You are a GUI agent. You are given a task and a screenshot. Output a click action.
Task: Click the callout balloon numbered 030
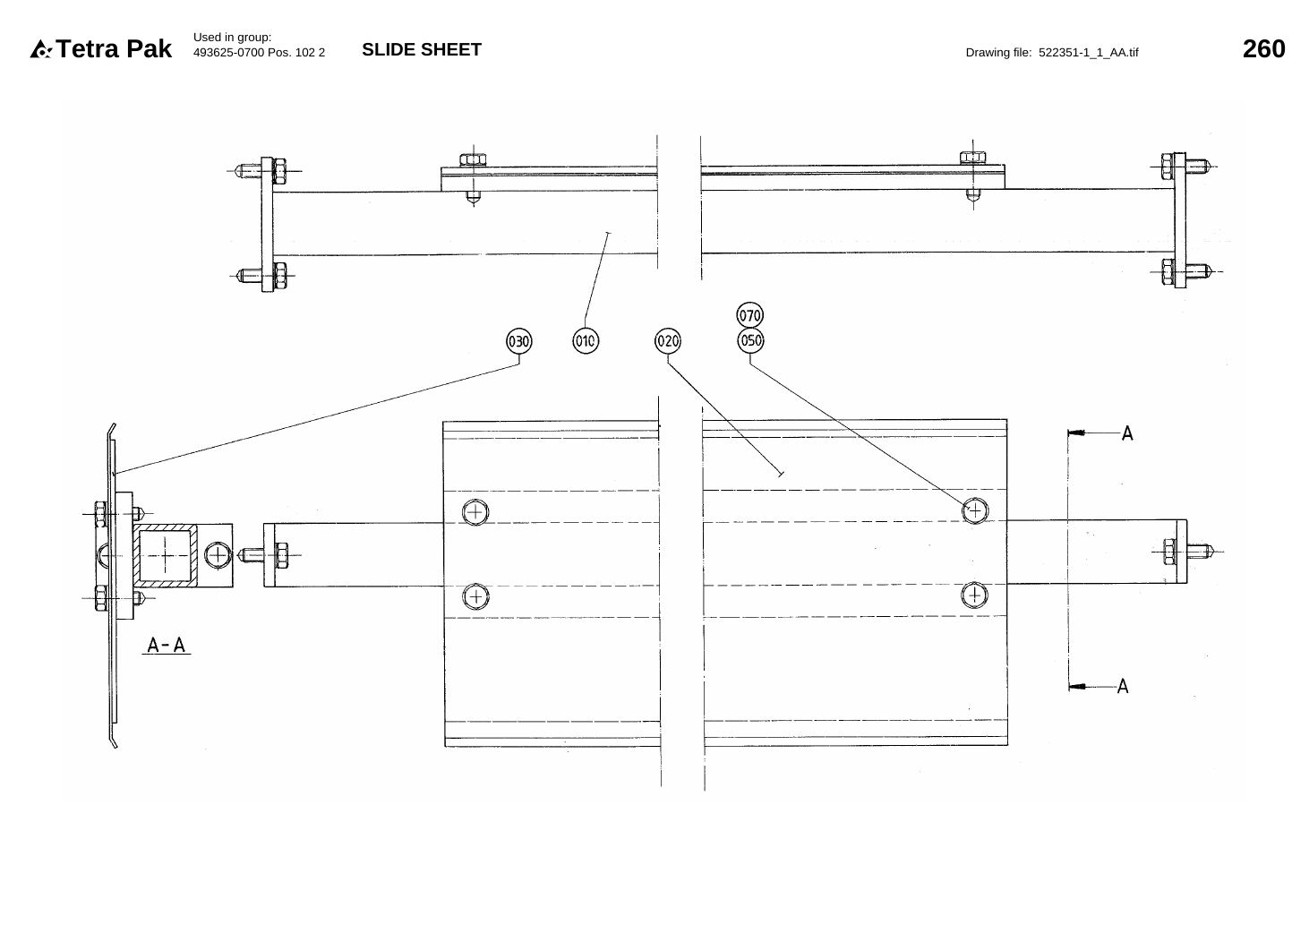[x=519, y=341]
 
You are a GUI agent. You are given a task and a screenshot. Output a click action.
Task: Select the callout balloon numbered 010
[x=585, y=340]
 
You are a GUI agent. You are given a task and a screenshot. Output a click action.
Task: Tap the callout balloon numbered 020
[x=667, y=340]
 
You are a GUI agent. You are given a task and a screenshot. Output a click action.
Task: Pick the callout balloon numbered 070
[x=749, y=315]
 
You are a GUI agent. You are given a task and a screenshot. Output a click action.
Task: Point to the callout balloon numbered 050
[x=750, y=340]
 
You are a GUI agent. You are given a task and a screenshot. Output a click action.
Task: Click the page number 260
[x=1263, y=49]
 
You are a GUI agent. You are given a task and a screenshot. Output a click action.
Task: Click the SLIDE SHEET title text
[x=422, y=49]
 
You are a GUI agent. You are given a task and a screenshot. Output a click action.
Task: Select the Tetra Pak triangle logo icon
[x=41, y=49]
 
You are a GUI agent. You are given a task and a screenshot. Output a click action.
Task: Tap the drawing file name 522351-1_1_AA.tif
[x=1088, y=53]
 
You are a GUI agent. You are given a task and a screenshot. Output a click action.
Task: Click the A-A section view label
[x=166, y=645]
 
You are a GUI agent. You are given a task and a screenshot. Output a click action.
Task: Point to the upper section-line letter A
[x=1127, y=433]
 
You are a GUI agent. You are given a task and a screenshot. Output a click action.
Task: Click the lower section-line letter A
[x=1123, y=686]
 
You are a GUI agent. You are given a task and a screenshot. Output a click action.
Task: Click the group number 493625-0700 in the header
[x=228, y=53]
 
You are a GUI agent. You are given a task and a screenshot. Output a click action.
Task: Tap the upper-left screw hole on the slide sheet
[x=475, y=512]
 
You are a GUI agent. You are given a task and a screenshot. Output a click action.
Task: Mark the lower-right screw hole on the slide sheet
[x=974, y=595]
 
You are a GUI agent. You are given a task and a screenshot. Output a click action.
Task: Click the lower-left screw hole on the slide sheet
[x=475, y=596]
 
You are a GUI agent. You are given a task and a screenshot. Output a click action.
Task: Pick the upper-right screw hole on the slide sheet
[x=975, y=511]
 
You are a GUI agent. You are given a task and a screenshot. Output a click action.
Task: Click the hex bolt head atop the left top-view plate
[x=473, y=159]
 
